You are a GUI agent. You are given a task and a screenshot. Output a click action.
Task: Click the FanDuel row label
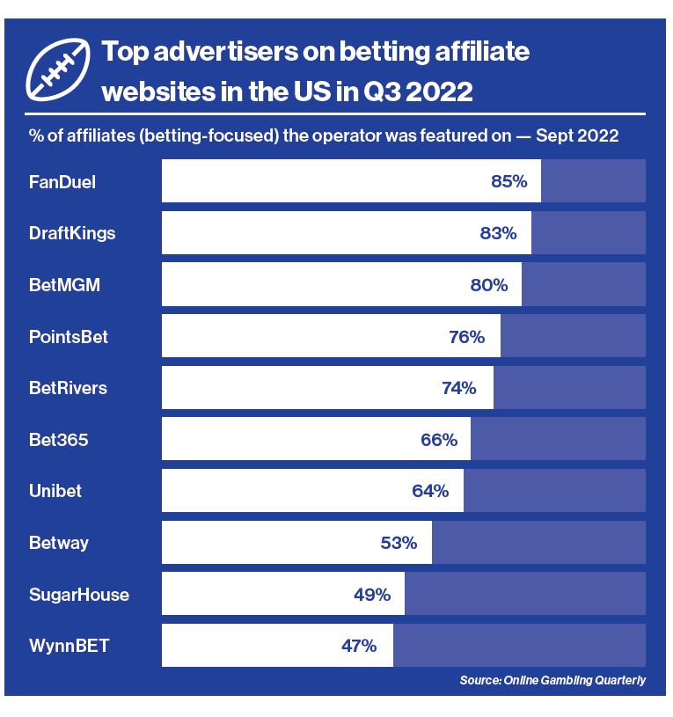pyautogui.click(x=62, y=182)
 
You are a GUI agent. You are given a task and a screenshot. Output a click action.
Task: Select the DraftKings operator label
pyautogui.click(x=72, y=233)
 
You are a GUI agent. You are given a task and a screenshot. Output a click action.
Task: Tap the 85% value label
pyautogui.click(x=508, y=182)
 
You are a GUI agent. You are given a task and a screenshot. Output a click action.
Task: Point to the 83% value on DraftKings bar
pyautogui.click(x=498, y=233)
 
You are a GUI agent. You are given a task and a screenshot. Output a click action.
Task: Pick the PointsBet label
pyautogui.click(x=69, y=336)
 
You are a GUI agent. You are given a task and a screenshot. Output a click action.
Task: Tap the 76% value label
pyautogui.click(x=466, y=336)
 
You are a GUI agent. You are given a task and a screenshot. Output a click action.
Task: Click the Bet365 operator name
pyautogui.click(x=59, y=439)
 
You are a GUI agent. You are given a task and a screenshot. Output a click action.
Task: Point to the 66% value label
pyautogui.click(x=439, y=439)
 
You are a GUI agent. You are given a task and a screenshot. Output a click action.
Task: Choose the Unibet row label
pyautogui.click(x=55, y=491)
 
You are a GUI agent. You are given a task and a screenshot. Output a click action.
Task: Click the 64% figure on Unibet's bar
pyautogui.click(x=430, y=491)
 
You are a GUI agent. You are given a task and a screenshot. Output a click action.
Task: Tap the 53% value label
pyautogui.click(x=399, y=543)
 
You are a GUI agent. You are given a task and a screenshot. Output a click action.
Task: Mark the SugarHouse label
pyautogui.click(x=79, y=595)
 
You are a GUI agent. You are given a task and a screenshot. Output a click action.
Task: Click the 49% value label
pyautogui.click(x=372, y=595)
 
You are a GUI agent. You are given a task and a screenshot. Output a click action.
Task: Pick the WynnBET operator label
pyautogui.click(x=69, y=646)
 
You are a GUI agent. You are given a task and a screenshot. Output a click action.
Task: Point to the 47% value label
pyautogui.click(x=359, y=646)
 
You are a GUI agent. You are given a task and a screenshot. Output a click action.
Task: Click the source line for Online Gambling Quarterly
pyautogui.click(x=552, y=680)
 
